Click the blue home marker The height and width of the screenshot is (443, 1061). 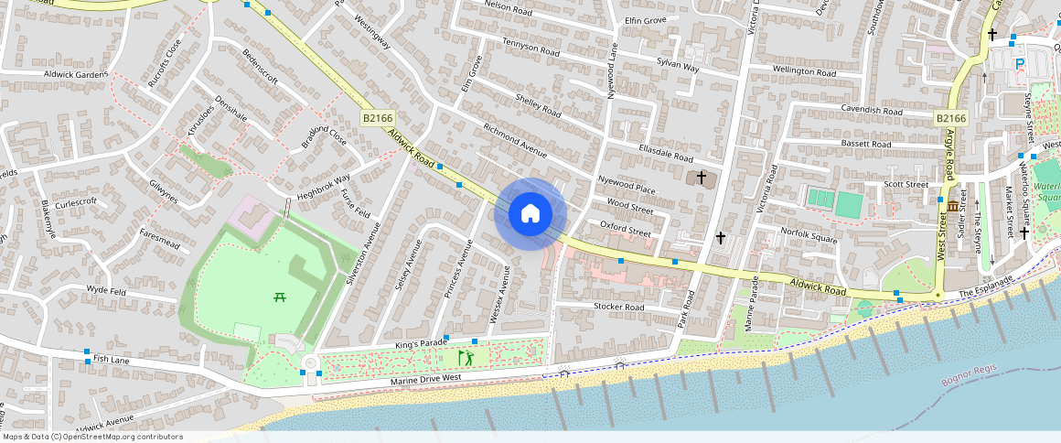click(x=530, y=214)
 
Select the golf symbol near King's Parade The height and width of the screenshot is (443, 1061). click(x=466, y=356)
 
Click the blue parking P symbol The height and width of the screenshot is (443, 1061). click(x=1020, y=63)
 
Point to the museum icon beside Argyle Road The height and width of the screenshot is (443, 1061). click(x=953, y=206)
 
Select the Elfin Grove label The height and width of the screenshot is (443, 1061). click(x=646, y=20)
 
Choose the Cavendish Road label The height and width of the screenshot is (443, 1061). click(x=872, y=111)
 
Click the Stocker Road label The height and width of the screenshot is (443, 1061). click(x=619, y=307)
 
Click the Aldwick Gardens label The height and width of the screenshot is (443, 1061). click(x=76, y=74)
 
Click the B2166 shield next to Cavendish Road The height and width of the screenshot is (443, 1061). click(x=950, y=118)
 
